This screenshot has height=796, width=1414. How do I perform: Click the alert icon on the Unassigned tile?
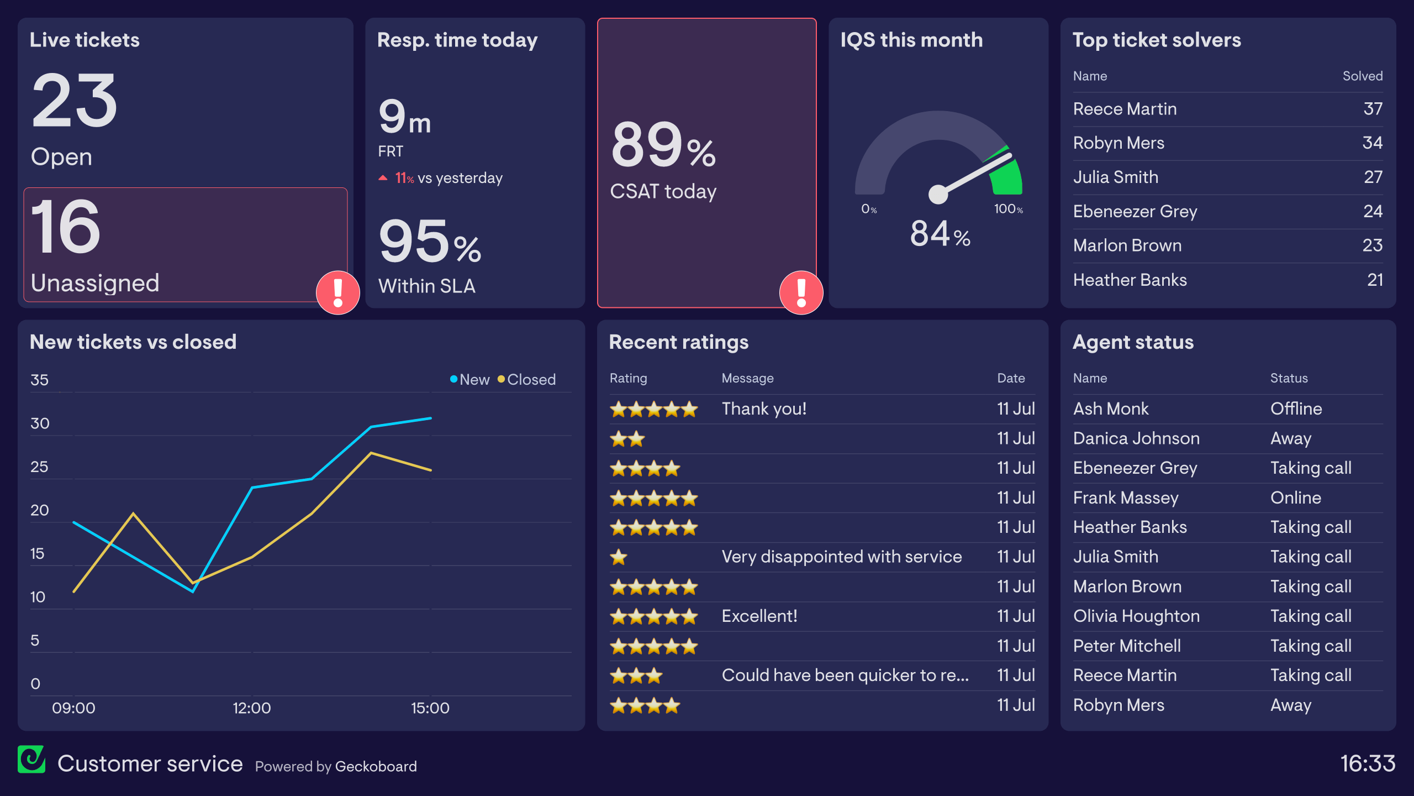[337, 292]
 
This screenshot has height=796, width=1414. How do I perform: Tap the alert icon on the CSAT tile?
[801, 292]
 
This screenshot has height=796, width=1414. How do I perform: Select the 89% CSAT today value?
[663, 145]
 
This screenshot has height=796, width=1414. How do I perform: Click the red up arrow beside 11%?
[383, 178]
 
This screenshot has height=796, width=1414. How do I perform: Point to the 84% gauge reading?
[940, 234]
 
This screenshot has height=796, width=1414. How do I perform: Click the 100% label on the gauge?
[1008, 209]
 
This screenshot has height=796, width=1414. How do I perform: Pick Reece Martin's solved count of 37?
[1372, 109]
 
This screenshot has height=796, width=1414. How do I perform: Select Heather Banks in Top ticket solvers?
[1130, 280]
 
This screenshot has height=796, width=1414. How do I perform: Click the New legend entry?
[469, 380]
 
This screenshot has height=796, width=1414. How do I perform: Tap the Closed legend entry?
[526, 380]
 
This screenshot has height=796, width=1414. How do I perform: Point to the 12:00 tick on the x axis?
[252, 708]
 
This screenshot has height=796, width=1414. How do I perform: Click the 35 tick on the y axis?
[39, 380]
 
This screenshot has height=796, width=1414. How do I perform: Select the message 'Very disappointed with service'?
[841, 557]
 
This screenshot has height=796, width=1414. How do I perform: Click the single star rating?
[619, 557]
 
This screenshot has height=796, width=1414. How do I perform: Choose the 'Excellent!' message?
[759, 616]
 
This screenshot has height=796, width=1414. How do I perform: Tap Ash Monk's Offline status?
[1296, 409]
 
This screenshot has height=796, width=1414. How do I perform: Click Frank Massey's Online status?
[1295, 498]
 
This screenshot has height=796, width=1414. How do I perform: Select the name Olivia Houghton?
[1136, 616]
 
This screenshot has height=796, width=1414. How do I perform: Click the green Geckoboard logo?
[31, 760]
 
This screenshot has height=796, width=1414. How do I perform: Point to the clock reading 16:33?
[1368, 764]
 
